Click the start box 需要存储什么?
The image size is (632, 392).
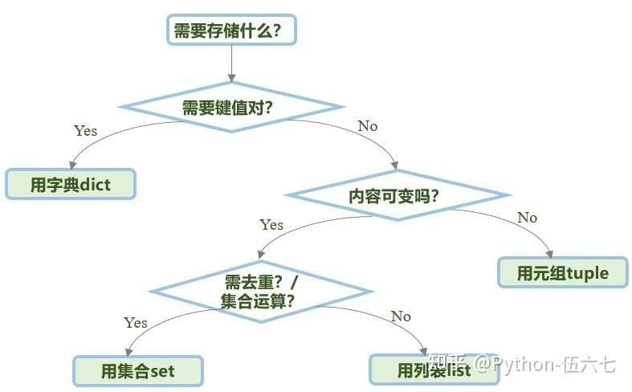click(232, 31)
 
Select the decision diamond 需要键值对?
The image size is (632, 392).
click(232, 108)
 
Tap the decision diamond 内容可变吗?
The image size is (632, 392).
click(398, 194)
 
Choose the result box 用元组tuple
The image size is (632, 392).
click(563, 273)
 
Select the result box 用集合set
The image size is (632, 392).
click(138, 371)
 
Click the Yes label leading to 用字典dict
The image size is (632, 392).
click(85, 130)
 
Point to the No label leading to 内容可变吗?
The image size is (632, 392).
click(367, 126)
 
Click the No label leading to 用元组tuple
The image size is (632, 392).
click(527, 218)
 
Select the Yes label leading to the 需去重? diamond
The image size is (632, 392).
click(271, 225)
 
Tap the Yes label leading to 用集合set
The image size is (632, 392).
click(135, 322)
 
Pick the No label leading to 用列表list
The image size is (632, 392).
click(401, 316)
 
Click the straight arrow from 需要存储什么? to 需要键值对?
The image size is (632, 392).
click(232, 63)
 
